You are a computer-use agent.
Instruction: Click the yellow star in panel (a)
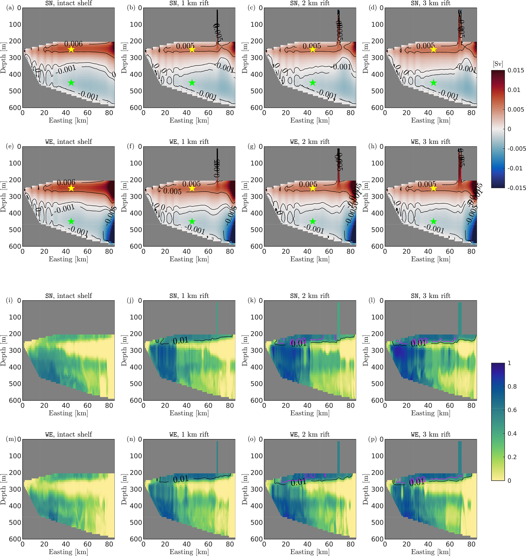pos(71,50)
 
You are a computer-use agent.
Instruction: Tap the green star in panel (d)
pos(433,83)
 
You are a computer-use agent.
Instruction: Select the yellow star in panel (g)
pos(313,188)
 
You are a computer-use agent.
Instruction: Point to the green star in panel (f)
pos(192,221)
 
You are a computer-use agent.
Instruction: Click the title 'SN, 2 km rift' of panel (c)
pos(310,3)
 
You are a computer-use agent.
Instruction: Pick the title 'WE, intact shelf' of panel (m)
pos(68,434)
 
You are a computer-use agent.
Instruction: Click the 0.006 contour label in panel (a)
pos(74,44)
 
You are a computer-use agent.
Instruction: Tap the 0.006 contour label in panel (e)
pos(66,183)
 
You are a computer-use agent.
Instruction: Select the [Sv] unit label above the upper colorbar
pos(498,64)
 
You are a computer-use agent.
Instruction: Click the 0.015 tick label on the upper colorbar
pos(516,70)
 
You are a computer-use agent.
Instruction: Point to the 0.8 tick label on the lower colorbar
pos(512,386)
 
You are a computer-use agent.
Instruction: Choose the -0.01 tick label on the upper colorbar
pos(515,168)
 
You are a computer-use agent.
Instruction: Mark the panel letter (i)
pos(9,300)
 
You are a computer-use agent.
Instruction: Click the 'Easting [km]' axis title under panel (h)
pos(430,259)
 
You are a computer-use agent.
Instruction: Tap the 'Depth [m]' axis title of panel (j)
pos(124,350)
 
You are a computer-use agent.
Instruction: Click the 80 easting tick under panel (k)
pos(350,405)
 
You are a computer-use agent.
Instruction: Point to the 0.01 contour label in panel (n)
pos(181,479)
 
